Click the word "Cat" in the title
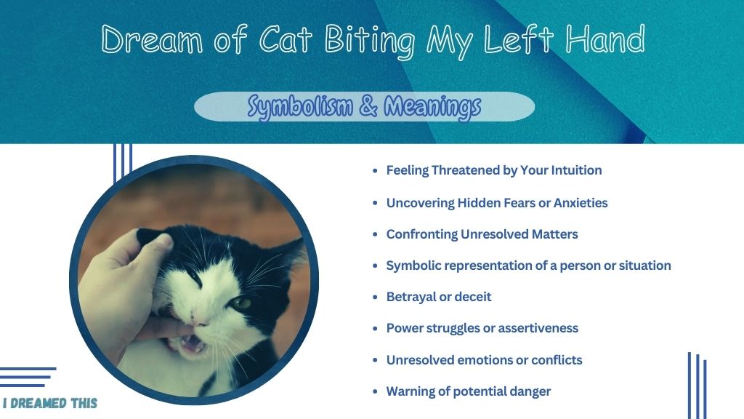click(x=285, y=39)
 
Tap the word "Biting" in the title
click(x=370, y=41)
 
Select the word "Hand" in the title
click(x=605, y=39)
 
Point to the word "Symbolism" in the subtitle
click(x=300, y=106)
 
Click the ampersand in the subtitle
click(x=368, y=105)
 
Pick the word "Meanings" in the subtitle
click(x=432, y=106)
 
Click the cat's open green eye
click(x=241, y=303)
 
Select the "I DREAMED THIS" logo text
click(x=49, y=403)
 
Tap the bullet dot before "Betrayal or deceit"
click(x=375, y=298)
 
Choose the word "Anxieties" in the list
click(x=581, y=203)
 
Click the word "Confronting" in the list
click(x=422, y=235)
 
